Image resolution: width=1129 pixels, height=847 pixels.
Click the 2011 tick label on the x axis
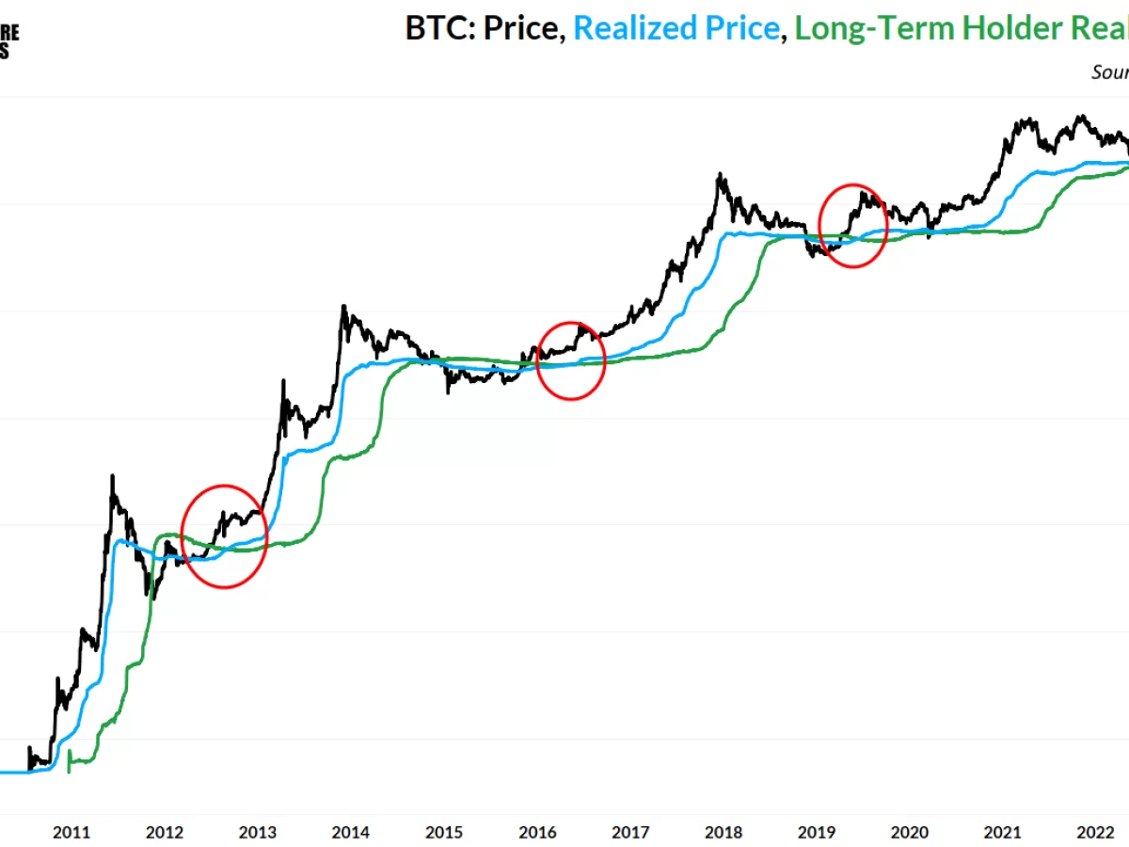[x=72, y=832]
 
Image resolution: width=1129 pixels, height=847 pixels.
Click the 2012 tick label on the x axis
[x=165, y=832]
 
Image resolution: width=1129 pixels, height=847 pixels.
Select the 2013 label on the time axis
[x=258, y=832]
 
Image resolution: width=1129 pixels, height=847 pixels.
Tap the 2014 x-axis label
[x=351, y=832]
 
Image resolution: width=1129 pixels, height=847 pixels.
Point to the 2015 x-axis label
[x=444, y=832]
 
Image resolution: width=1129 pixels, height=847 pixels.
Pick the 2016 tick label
[x=537, y=832]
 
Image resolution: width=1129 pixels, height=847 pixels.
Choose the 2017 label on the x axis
[x=630, y=832]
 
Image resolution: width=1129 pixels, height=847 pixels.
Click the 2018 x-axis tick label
[x=724, y=832]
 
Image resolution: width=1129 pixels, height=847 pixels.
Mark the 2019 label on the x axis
[x=817, y=832]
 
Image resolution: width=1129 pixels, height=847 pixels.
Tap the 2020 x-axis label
[x=910, y=832]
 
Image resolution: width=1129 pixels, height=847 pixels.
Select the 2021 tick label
[x=1003, y=832]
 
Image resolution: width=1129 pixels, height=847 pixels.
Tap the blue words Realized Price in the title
[x=676, y=28]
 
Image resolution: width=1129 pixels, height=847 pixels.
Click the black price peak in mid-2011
[x=112, y=476]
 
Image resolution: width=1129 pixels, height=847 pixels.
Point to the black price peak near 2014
[x=343, y=306]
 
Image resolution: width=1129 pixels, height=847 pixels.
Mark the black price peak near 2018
[x=719, y=174]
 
